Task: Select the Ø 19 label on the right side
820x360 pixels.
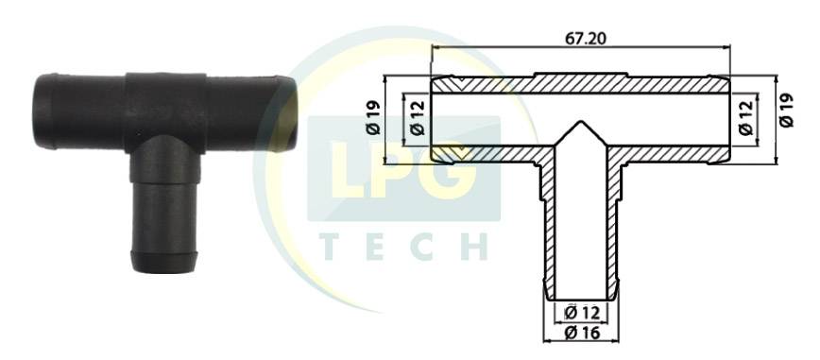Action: pos(786,111)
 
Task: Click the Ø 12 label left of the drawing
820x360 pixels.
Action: pos(418,118)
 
